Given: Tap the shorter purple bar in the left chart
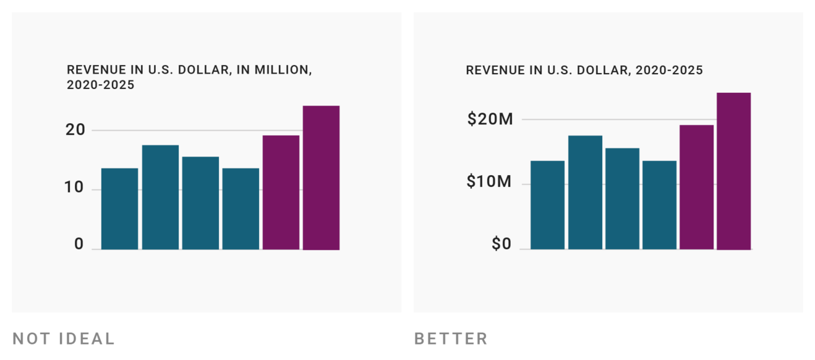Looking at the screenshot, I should pos(281,192).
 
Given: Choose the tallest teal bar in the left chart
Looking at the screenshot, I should pos(160,197).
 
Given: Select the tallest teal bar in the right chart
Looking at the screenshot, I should pos(585,192).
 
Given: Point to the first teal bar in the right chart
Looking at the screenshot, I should pos(547,205).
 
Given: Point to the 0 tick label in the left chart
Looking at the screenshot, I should pos(79,244).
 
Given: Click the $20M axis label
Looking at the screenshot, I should pos(490,119).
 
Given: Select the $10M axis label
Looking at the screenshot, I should pos(490,182).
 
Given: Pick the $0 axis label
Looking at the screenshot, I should pos(501,244).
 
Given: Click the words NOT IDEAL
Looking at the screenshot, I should pos(64,338).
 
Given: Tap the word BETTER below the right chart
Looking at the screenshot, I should pos(451,338).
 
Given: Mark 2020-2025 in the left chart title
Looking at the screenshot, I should pos(100,85).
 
